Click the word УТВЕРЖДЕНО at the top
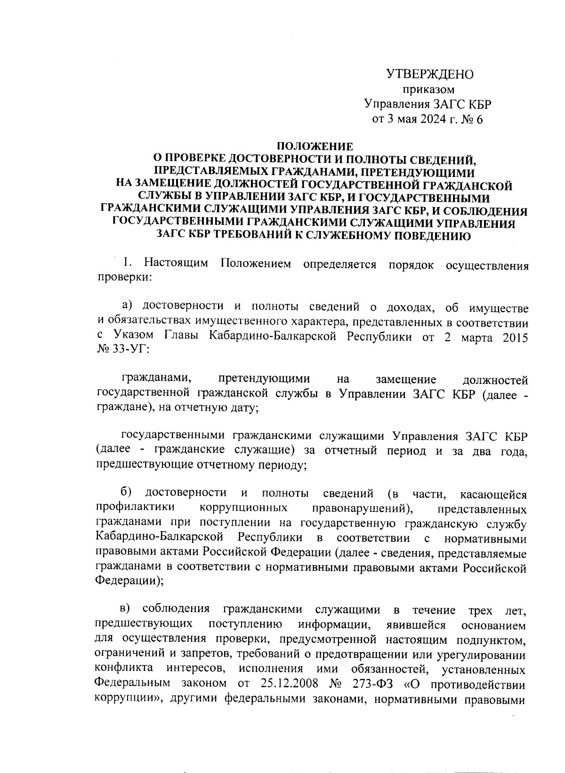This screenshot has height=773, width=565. tap(429, 74)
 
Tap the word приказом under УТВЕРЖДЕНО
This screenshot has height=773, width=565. tap(429, 89)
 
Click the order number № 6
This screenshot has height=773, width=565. tap(472, 120)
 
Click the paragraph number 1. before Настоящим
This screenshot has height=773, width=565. tap(127, 263)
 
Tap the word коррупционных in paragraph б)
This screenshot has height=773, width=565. tap(244, 508)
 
